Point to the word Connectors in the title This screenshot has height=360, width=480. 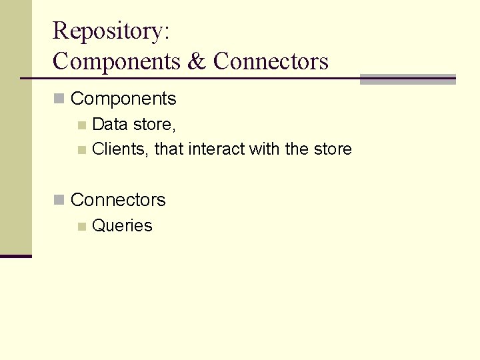(x=271, y=61)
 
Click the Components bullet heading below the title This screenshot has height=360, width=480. (x=123, y=99)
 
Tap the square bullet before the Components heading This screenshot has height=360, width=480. (x=59, y=99)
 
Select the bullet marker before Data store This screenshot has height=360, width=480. (x=81, y=125)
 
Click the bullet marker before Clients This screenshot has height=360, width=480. (x=81, y=150)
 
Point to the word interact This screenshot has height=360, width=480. (x=217, y=149)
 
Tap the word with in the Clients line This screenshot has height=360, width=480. (x=265, y=149)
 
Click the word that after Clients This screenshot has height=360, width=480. (x=169, y=149)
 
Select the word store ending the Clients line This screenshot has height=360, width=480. (x=332, y=149)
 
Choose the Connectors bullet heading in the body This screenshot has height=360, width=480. (x=118, y=199)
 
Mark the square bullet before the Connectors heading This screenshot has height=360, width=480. (x=59, y=199)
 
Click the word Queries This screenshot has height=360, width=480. (x=122, y=226)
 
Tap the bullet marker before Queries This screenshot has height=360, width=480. (x=81, y=227)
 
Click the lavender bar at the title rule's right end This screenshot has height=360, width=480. (x=407, y=79)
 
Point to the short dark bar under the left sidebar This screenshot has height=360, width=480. (x=15, y=255)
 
